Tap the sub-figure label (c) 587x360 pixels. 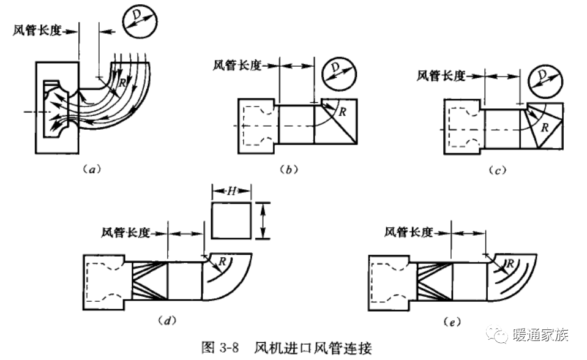[x=500, y=170]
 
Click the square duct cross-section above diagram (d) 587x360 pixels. [x=231, y=220]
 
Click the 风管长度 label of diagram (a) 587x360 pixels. [x=37, y=30]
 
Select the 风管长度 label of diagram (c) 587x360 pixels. [x=441, y=75]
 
